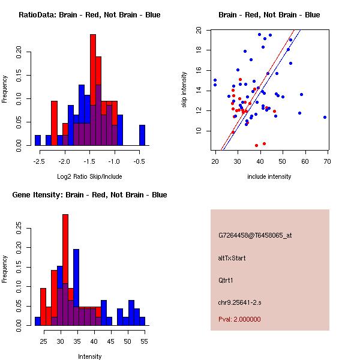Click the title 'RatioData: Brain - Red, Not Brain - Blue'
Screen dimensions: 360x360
[89, 15]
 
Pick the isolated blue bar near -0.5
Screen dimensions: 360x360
[142, 135]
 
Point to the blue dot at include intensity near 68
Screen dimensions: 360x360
[325, 117]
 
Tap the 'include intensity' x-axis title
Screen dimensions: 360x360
[269, 176]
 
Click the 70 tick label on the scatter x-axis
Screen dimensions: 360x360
[328, 160]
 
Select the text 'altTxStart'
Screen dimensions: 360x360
[233, 258]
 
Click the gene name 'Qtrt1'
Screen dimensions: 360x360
[227, 280]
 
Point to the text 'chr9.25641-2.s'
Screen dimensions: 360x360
[239, 301]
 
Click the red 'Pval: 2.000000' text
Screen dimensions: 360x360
[239, 319]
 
